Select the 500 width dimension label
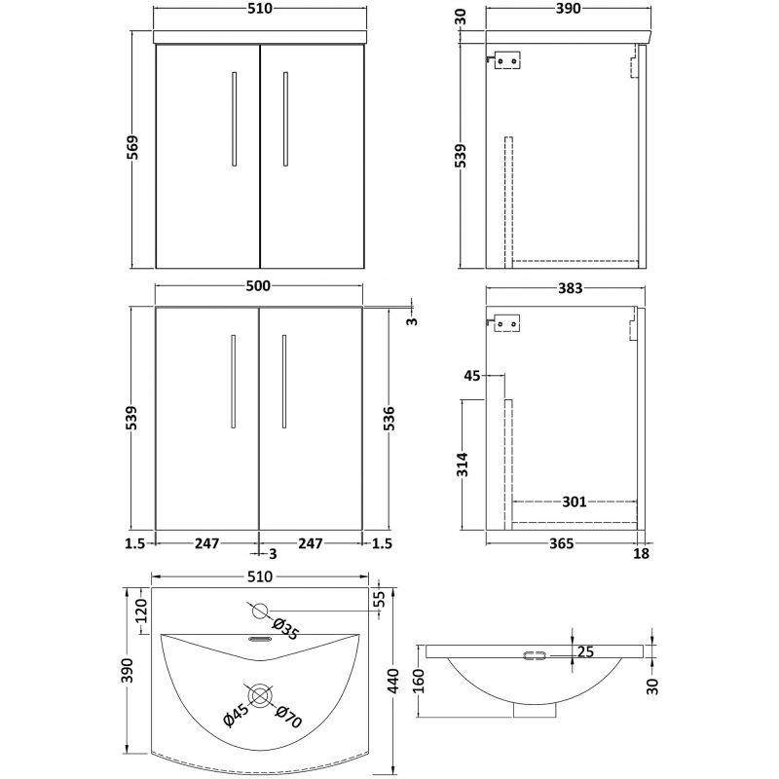(258, 286)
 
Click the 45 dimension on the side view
(474, 375)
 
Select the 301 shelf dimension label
(575, 502)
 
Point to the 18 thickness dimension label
(642, 552)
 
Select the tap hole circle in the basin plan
(259, 612)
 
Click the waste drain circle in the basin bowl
(259, 695)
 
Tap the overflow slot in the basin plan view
(259, 640)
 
